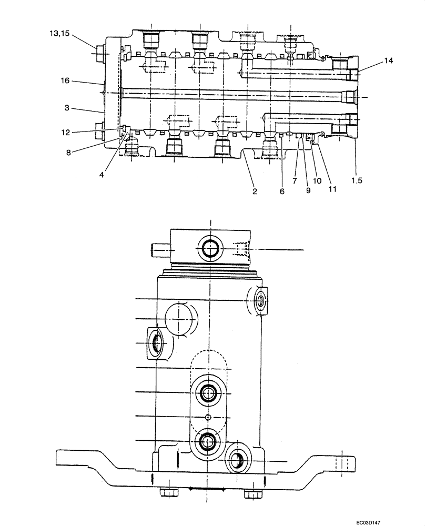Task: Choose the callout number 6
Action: (x=281, y=191)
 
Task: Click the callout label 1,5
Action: (x=357, y=180)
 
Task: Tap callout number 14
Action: (x=388, y=61)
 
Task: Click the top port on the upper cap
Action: (x=209, y=248)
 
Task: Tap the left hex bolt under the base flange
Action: (x=168, y=493)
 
